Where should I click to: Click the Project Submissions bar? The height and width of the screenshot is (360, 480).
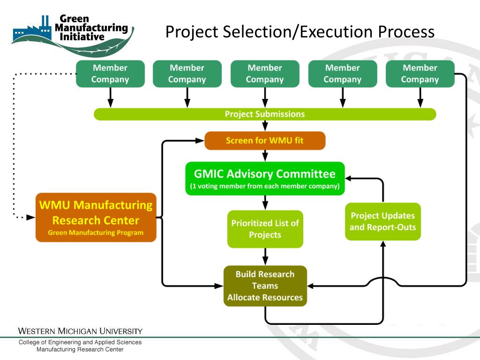(x=265, y=114)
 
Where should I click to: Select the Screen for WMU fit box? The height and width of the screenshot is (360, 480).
(x=265, y=141)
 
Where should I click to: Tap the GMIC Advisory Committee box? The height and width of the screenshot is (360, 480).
(x=265, y=179)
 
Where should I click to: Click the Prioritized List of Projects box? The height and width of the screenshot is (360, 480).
(x=265, y=229)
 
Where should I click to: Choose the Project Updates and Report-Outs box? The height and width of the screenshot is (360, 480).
(x=382, y=221)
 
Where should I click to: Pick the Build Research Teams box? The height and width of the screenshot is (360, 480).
(x=265, y=286)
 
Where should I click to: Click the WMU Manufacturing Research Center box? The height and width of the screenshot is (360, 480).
(x=96, y=217)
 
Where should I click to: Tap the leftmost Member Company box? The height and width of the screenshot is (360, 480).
(x=110, y=74)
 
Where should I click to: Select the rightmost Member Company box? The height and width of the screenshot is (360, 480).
(x=420, y=74)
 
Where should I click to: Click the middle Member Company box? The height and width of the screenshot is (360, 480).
(x=265, y=74)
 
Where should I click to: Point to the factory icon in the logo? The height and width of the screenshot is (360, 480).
(x=32, y=30)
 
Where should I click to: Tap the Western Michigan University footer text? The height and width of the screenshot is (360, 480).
(x=80, y=331)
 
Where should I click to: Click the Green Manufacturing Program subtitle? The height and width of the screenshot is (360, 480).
(x=96, y=232)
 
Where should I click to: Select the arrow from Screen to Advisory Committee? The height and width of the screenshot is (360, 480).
(x=265, y=156)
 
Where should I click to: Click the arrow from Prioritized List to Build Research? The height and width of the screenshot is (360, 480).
(x=265, y=256)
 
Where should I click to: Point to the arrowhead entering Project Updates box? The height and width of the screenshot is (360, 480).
(x=383, y=244)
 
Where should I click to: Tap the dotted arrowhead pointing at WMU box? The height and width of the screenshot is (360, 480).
(x=31, y=217)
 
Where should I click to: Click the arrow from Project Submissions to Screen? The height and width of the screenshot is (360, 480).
(x=265, y=126)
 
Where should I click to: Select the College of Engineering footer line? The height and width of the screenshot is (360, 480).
(x=80, y=342)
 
